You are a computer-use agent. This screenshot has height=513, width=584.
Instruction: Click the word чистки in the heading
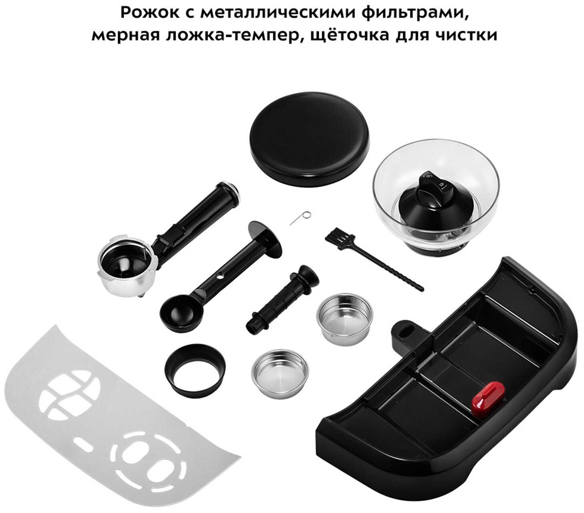pos(466,35)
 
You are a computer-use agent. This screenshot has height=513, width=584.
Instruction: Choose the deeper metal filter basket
pos(344,319)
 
